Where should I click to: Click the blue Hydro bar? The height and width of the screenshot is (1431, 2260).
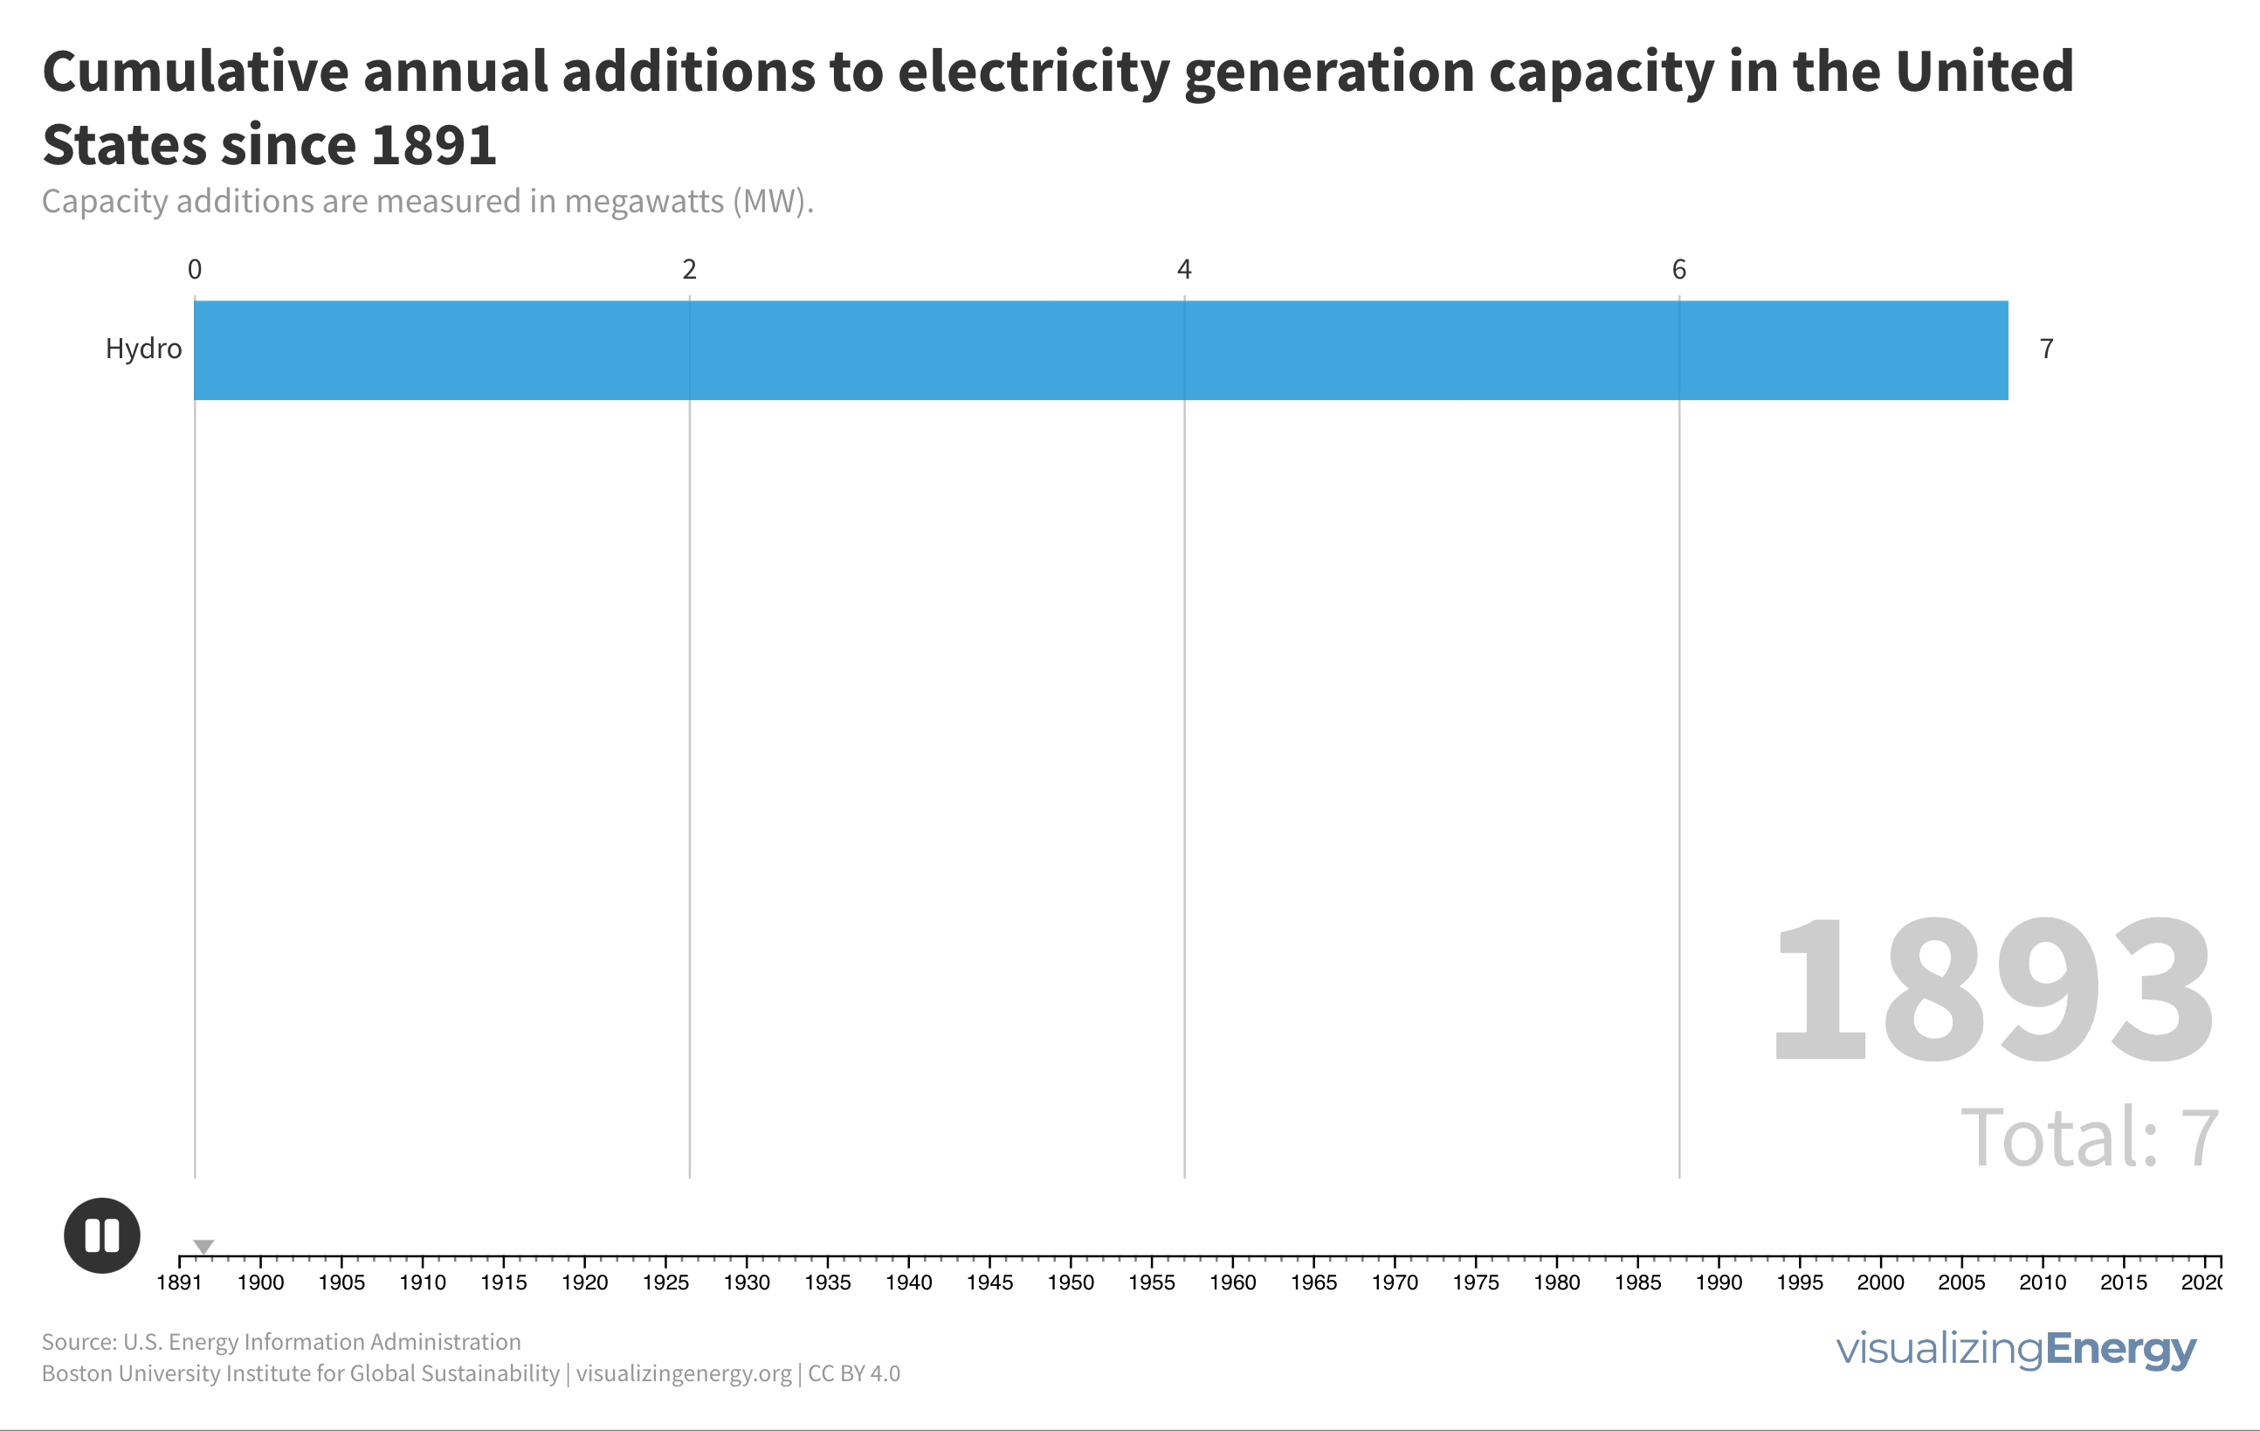(1100, 350)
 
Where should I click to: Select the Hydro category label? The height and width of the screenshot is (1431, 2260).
(143, 349)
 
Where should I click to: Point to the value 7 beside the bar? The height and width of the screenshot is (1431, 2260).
(2046, 349)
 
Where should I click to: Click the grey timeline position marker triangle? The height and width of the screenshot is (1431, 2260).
(203, 1246)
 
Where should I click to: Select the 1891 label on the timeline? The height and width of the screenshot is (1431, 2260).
(179, 1282)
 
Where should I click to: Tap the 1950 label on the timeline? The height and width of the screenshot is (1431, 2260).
(1071, 1282)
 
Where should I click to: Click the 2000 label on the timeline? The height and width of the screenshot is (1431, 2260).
(1881, 1282)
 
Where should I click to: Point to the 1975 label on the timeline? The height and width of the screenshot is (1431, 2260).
(1476, 1282)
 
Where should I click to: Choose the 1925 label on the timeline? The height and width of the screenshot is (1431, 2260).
(665, 1282)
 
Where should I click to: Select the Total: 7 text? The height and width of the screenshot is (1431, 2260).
(2089, 1138)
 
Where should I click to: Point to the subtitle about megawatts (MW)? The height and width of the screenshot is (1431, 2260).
(427, 202)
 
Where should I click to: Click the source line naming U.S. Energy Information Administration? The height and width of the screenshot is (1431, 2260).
(280, 1342)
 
